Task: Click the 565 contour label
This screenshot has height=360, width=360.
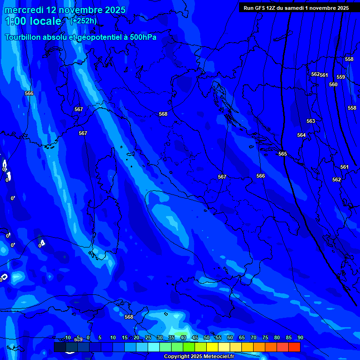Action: pyautogui.click(x=282, y=154)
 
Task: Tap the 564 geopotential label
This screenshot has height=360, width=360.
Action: pyautogui.click(x=301, y=135)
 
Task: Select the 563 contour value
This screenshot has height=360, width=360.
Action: pyautogui.click(x=311, y=121)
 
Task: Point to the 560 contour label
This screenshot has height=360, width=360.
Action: pyautogui.click(x=333, y=84)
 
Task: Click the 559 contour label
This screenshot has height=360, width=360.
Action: pyautogui.click(x=341, y=77)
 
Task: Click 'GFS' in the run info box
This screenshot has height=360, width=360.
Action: pyautogui.click(x=260, y=8)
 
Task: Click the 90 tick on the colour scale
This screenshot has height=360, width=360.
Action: pyautogui.click(x=300, y=337)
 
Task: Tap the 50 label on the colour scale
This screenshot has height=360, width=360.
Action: pyautogui.click(x=207, y=337)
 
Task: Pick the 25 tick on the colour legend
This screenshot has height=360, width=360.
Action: pyautogui.click(x=148, y=337)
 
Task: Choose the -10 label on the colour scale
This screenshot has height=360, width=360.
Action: pyautogui.click(x=67, y=337)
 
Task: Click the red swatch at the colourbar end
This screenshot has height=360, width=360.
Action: pyautogui.click(x=294, y=347)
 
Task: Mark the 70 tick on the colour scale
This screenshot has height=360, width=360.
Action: pyautogui.click(x=253, y=337)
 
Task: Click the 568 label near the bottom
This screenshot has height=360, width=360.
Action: pyautogui.click(x=129, y=317)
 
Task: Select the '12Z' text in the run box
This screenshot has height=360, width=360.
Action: pyautogui.click(x=271, y=8)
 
